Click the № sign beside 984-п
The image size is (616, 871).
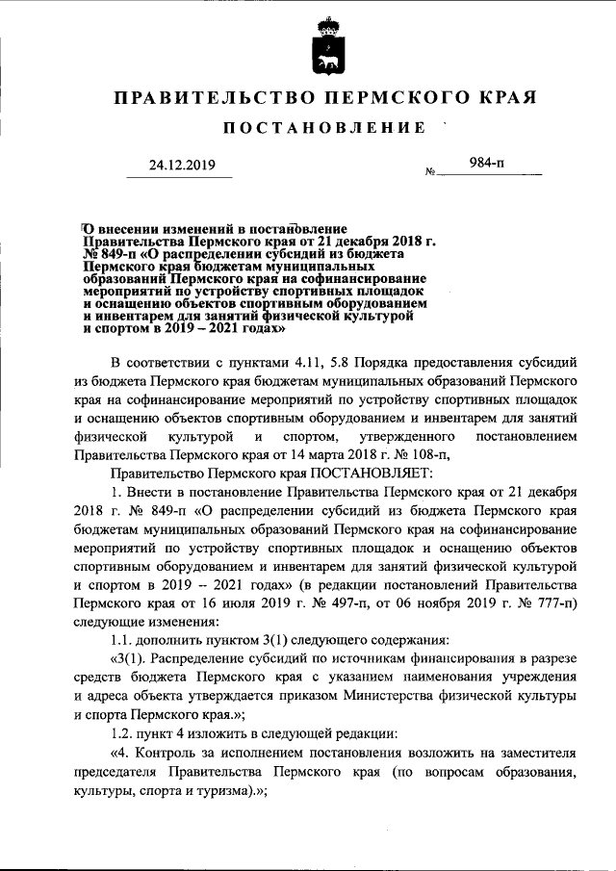point(430,172)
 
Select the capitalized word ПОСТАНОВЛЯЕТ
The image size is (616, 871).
point(372,473)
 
